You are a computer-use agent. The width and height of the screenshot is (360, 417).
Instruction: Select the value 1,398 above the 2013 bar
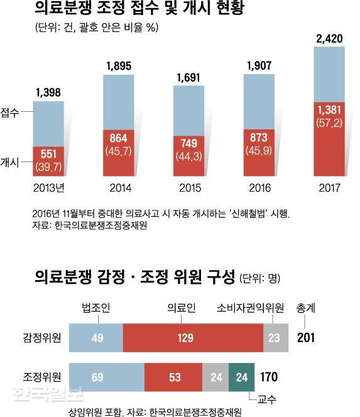click(x=48, y=93)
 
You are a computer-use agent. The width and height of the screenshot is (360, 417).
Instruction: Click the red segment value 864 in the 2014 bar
click(x=119, y=138)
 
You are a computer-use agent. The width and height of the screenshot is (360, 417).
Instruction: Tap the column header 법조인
click(x=96, y=308)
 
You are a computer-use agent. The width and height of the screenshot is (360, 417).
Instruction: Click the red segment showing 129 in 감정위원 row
click(x=193, y=338)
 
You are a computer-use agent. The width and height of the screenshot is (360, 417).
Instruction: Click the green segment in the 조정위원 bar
click(x=242, y=377)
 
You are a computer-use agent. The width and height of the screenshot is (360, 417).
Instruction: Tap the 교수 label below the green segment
click(x=259, y=397)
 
